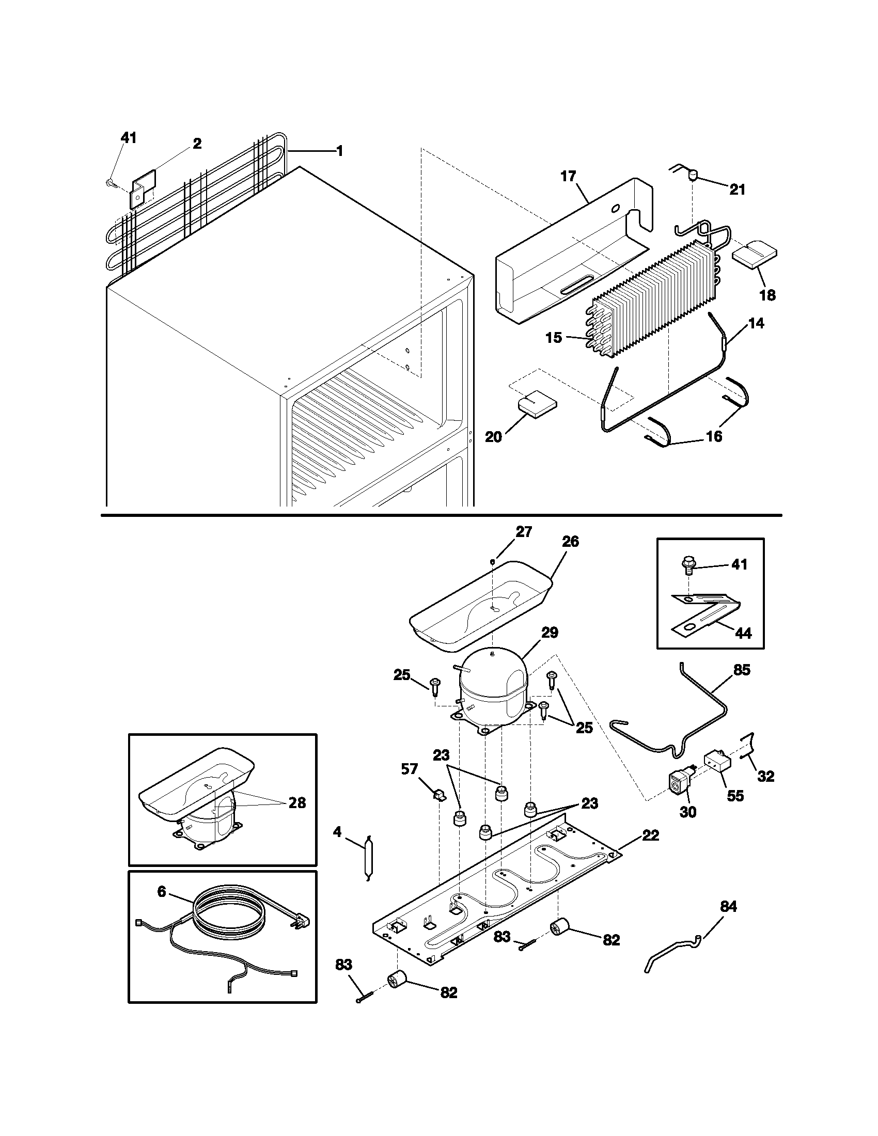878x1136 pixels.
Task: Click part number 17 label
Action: point(569,176)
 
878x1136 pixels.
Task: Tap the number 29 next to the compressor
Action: point(550,633)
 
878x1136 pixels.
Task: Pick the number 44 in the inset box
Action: point(743,633)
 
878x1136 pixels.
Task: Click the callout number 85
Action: point(742,670)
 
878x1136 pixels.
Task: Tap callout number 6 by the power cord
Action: point(162,892)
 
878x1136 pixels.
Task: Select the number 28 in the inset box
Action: point(297,803)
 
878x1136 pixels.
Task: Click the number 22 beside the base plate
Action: point(650,835)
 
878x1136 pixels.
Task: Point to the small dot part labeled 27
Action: point(492,561)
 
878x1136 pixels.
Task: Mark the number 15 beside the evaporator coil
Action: point(554,338)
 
